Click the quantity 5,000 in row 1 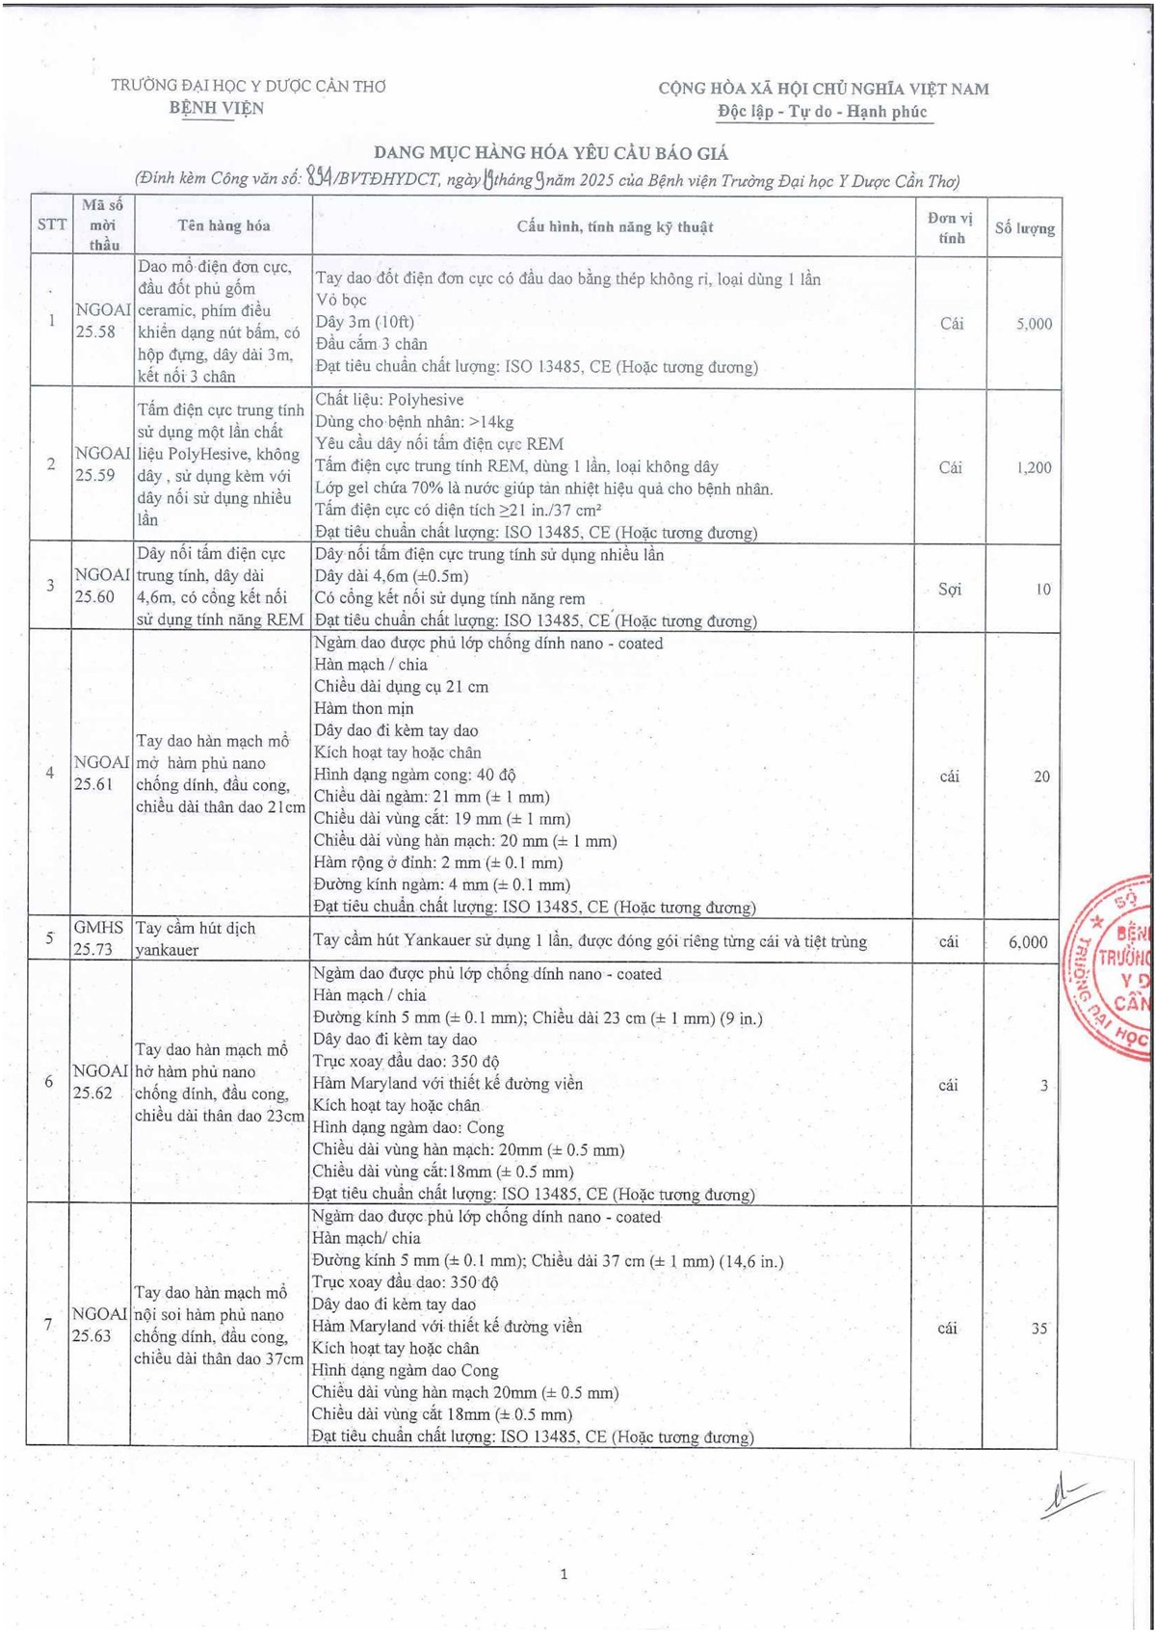coord(1034,324)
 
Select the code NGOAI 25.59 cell coord(102,463)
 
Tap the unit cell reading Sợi coord(949,589)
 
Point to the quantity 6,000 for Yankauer coord(1028,941)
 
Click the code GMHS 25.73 coord(99,937)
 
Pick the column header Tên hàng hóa coord(223,225)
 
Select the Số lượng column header coord(1024,228)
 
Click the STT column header coord(51,224)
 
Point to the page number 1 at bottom coord(564,1574)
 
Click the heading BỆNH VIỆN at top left coord(217,108)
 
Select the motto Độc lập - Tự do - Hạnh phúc coord(822,112)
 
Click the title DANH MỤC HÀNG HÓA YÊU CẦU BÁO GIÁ coord(551,153)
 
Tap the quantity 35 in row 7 coord(1038,1328)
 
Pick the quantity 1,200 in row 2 coord(1034,467)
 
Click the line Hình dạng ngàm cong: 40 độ coord(414,775)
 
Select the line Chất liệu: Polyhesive coord(389,400)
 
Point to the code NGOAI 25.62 coord(100,1081)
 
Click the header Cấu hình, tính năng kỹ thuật coord(615,227)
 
